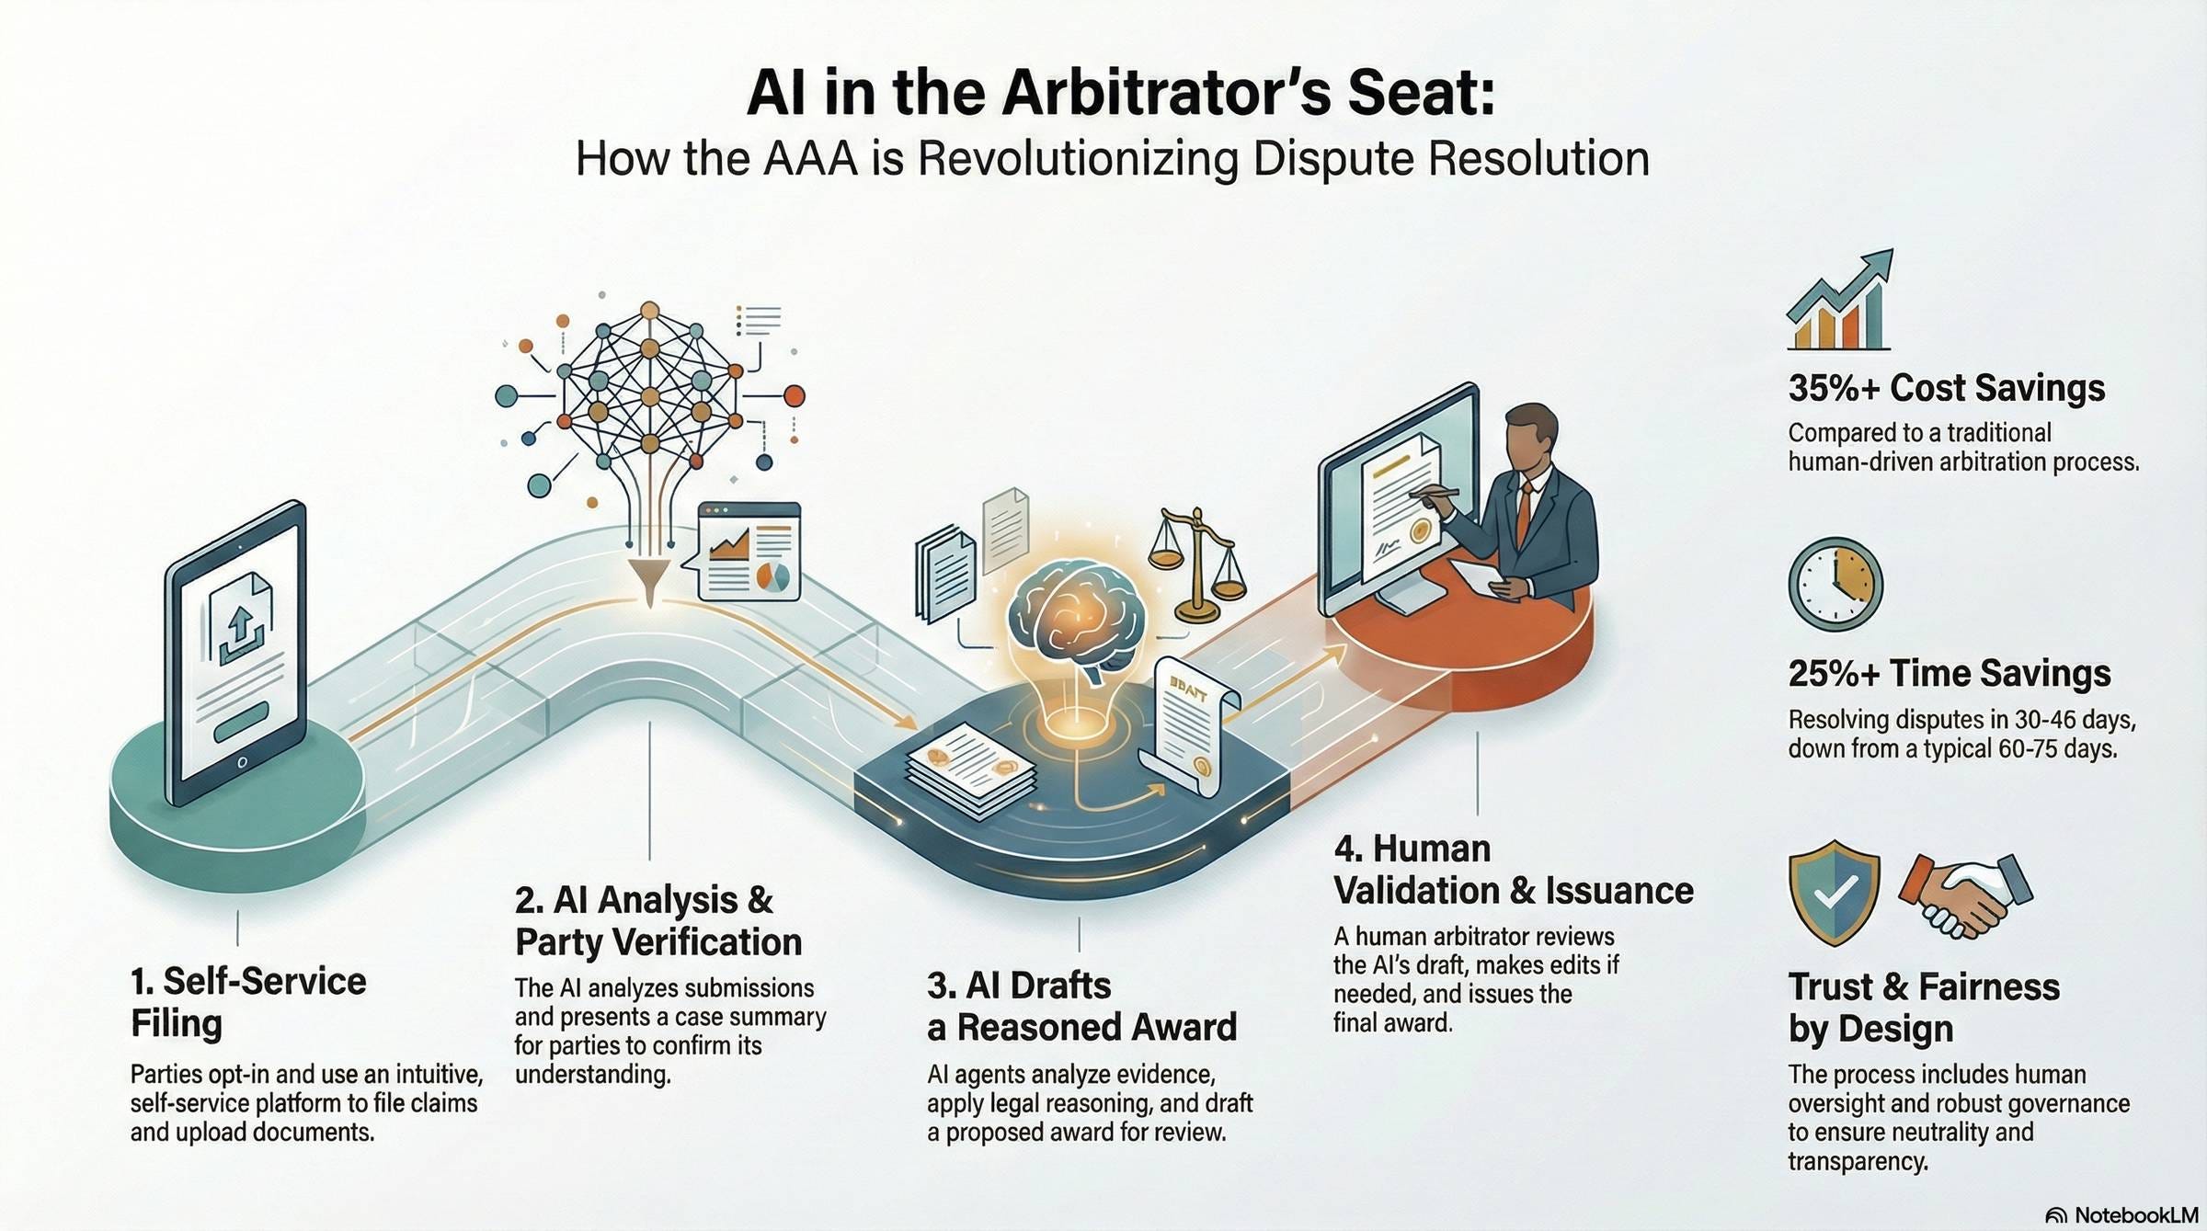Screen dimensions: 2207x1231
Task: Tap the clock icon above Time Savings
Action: click(x=1835, y=585)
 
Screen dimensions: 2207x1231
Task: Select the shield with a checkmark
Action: click(x=1833, y=891)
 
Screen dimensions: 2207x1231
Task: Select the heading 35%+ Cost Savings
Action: click(x=1946, y=388)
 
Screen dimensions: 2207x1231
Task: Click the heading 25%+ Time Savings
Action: click(x=1949, y=674)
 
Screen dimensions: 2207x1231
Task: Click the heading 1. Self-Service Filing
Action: click(x=247, y=1002)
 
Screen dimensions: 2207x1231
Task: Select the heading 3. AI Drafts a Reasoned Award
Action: click(x=1081, y=1007)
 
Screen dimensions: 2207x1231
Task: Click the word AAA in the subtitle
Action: click(x=809, y=159)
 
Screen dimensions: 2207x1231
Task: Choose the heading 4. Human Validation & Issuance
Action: click(x=1513, y=870)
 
